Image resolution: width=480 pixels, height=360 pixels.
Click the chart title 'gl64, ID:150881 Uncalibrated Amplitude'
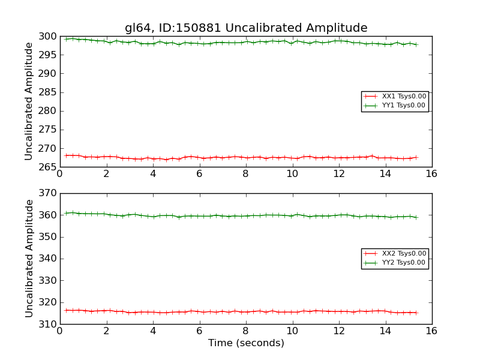point(246,28)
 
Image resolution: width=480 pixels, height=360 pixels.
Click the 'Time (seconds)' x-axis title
point(246,343)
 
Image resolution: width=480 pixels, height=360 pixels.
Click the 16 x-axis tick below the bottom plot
point(431,331)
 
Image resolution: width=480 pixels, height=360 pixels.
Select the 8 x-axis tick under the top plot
point(245,173)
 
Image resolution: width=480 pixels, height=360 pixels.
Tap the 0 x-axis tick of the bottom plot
point(60,331)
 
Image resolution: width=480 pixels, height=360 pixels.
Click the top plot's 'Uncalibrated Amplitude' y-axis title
point(29,101)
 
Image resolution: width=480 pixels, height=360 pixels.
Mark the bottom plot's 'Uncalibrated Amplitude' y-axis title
point(29,259)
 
